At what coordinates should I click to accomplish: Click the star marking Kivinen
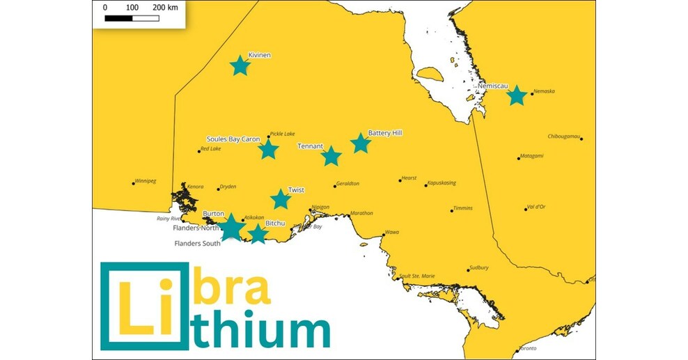click(x=240, y=65)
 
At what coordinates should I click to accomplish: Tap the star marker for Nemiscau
click(x=516, y=95)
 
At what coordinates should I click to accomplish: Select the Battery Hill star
click(x=360, y=143)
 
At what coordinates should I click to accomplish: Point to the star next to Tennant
click(x=331, y=156)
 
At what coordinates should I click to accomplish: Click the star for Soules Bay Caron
click(x=268, y=149)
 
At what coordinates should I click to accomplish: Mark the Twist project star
click(x=280, y=199)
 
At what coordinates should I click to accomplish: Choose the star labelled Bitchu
click(x=258, y=234)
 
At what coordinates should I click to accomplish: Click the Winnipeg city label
click(x=146, y=181)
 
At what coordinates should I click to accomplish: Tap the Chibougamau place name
click(x=563, y=136)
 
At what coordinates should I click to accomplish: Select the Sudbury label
click(x=479, y=267)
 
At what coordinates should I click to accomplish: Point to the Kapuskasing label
click(x=441, y=183)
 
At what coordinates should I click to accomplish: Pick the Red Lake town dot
click(x=198, y=151)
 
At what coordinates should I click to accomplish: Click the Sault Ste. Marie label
click(x=418, y=276)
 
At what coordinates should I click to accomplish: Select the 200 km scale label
click(x=164, y=7)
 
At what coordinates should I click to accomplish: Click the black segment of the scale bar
click(x=118, y=18)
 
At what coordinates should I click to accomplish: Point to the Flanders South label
click(x=196, y=244)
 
